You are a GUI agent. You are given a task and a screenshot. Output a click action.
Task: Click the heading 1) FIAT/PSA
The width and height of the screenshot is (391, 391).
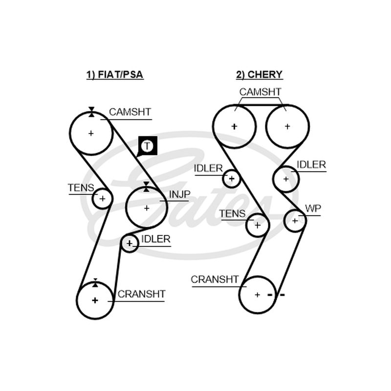pyautogui.click(x=115, y=75)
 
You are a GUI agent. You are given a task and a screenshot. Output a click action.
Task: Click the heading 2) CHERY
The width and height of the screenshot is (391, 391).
pyautogui.click(x=260, y=75)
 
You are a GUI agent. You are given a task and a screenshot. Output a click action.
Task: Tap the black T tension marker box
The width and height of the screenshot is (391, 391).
pyautogui.click(x=148, y=146)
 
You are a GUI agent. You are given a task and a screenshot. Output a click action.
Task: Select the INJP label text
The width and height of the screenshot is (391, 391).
pyautogui.click(x=179, y=194)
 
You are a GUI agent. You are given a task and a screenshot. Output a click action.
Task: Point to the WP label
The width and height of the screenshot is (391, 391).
pyautogui.click(x=313, y=208)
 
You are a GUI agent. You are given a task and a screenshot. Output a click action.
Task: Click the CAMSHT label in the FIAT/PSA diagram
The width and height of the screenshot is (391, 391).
pyautogui.click(x=130, y=112)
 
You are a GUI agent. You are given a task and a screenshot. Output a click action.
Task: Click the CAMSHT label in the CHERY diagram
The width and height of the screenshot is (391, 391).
pyautogui.click(x=260, y=92)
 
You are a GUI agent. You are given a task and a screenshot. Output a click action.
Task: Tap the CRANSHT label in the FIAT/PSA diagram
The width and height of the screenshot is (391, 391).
pyautogui.click(x=141, y=294)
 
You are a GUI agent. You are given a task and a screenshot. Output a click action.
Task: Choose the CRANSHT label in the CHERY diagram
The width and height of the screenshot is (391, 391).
pyautogui.click(x=215, y=279)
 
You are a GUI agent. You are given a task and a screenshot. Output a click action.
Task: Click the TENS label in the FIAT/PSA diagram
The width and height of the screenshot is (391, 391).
pyautogui.click(x=81, y=188)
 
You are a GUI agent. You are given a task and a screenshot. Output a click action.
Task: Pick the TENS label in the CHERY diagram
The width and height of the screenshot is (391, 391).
pyautogui.click(x=232, y=214)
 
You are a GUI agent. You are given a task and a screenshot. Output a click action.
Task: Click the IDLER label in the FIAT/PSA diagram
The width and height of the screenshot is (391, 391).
pyautogui.click(x=156, y=239)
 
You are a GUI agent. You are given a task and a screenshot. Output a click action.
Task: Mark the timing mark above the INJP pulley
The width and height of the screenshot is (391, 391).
pyautogui.click(x=146, y=187)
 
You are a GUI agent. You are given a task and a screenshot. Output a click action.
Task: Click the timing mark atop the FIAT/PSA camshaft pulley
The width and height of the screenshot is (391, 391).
pyautogui.click(x=91, y=112)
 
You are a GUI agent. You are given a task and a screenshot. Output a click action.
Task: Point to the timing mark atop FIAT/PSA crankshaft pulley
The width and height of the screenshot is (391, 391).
pyautogui.click(x=95, y=283)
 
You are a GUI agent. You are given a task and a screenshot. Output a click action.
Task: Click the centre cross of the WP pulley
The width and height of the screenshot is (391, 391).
pyautogui.click(x=295, y=221)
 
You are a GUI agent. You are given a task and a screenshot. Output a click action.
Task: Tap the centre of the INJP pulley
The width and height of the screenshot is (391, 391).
pyautogui.click(x=147, y=208)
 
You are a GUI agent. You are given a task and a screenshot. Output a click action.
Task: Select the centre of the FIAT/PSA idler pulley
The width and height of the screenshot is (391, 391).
pyautogui.click(x=129, y=243)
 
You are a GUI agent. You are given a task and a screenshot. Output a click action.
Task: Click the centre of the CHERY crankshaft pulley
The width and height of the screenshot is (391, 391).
pyautogui.click(x=258, y=295)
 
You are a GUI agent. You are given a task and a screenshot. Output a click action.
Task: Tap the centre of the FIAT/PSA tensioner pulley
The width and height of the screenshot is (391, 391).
pyautogui.click(x=102, y=199)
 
